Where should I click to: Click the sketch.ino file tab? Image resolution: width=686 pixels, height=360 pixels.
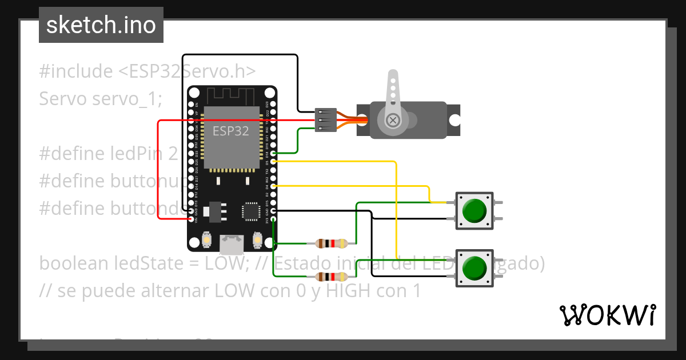tap(101, 25)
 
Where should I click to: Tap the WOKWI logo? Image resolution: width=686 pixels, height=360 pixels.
tap(607, 315)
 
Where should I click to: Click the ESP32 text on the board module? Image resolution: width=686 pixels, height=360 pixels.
tap(230, 131)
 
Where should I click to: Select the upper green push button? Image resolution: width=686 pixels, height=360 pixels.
tap(474, 211)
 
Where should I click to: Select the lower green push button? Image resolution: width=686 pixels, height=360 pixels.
tap(474, 268)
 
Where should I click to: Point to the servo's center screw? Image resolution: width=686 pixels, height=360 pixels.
tap(393, 120)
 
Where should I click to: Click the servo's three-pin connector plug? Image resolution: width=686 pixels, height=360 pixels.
tap(323, 120)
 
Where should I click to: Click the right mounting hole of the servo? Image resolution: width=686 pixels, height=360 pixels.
tap(454, 120)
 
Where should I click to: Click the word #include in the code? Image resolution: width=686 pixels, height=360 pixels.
tap(76, 71)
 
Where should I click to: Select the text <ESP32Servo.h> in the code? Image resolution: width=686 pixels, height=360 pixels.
tap(187, 71)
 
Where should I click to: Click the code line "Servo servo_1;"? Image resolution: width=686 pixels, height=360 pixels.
tap(101, 98)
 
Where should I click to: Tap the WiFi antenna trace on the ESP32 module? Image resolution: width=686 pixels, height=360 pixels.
tap(230, 94)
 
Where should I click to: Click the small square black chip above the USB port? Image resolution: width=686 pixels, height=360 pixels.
tap(250, 211)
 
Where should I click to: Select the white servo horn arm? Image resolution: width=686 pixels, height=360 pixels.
tap(393, 94)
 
